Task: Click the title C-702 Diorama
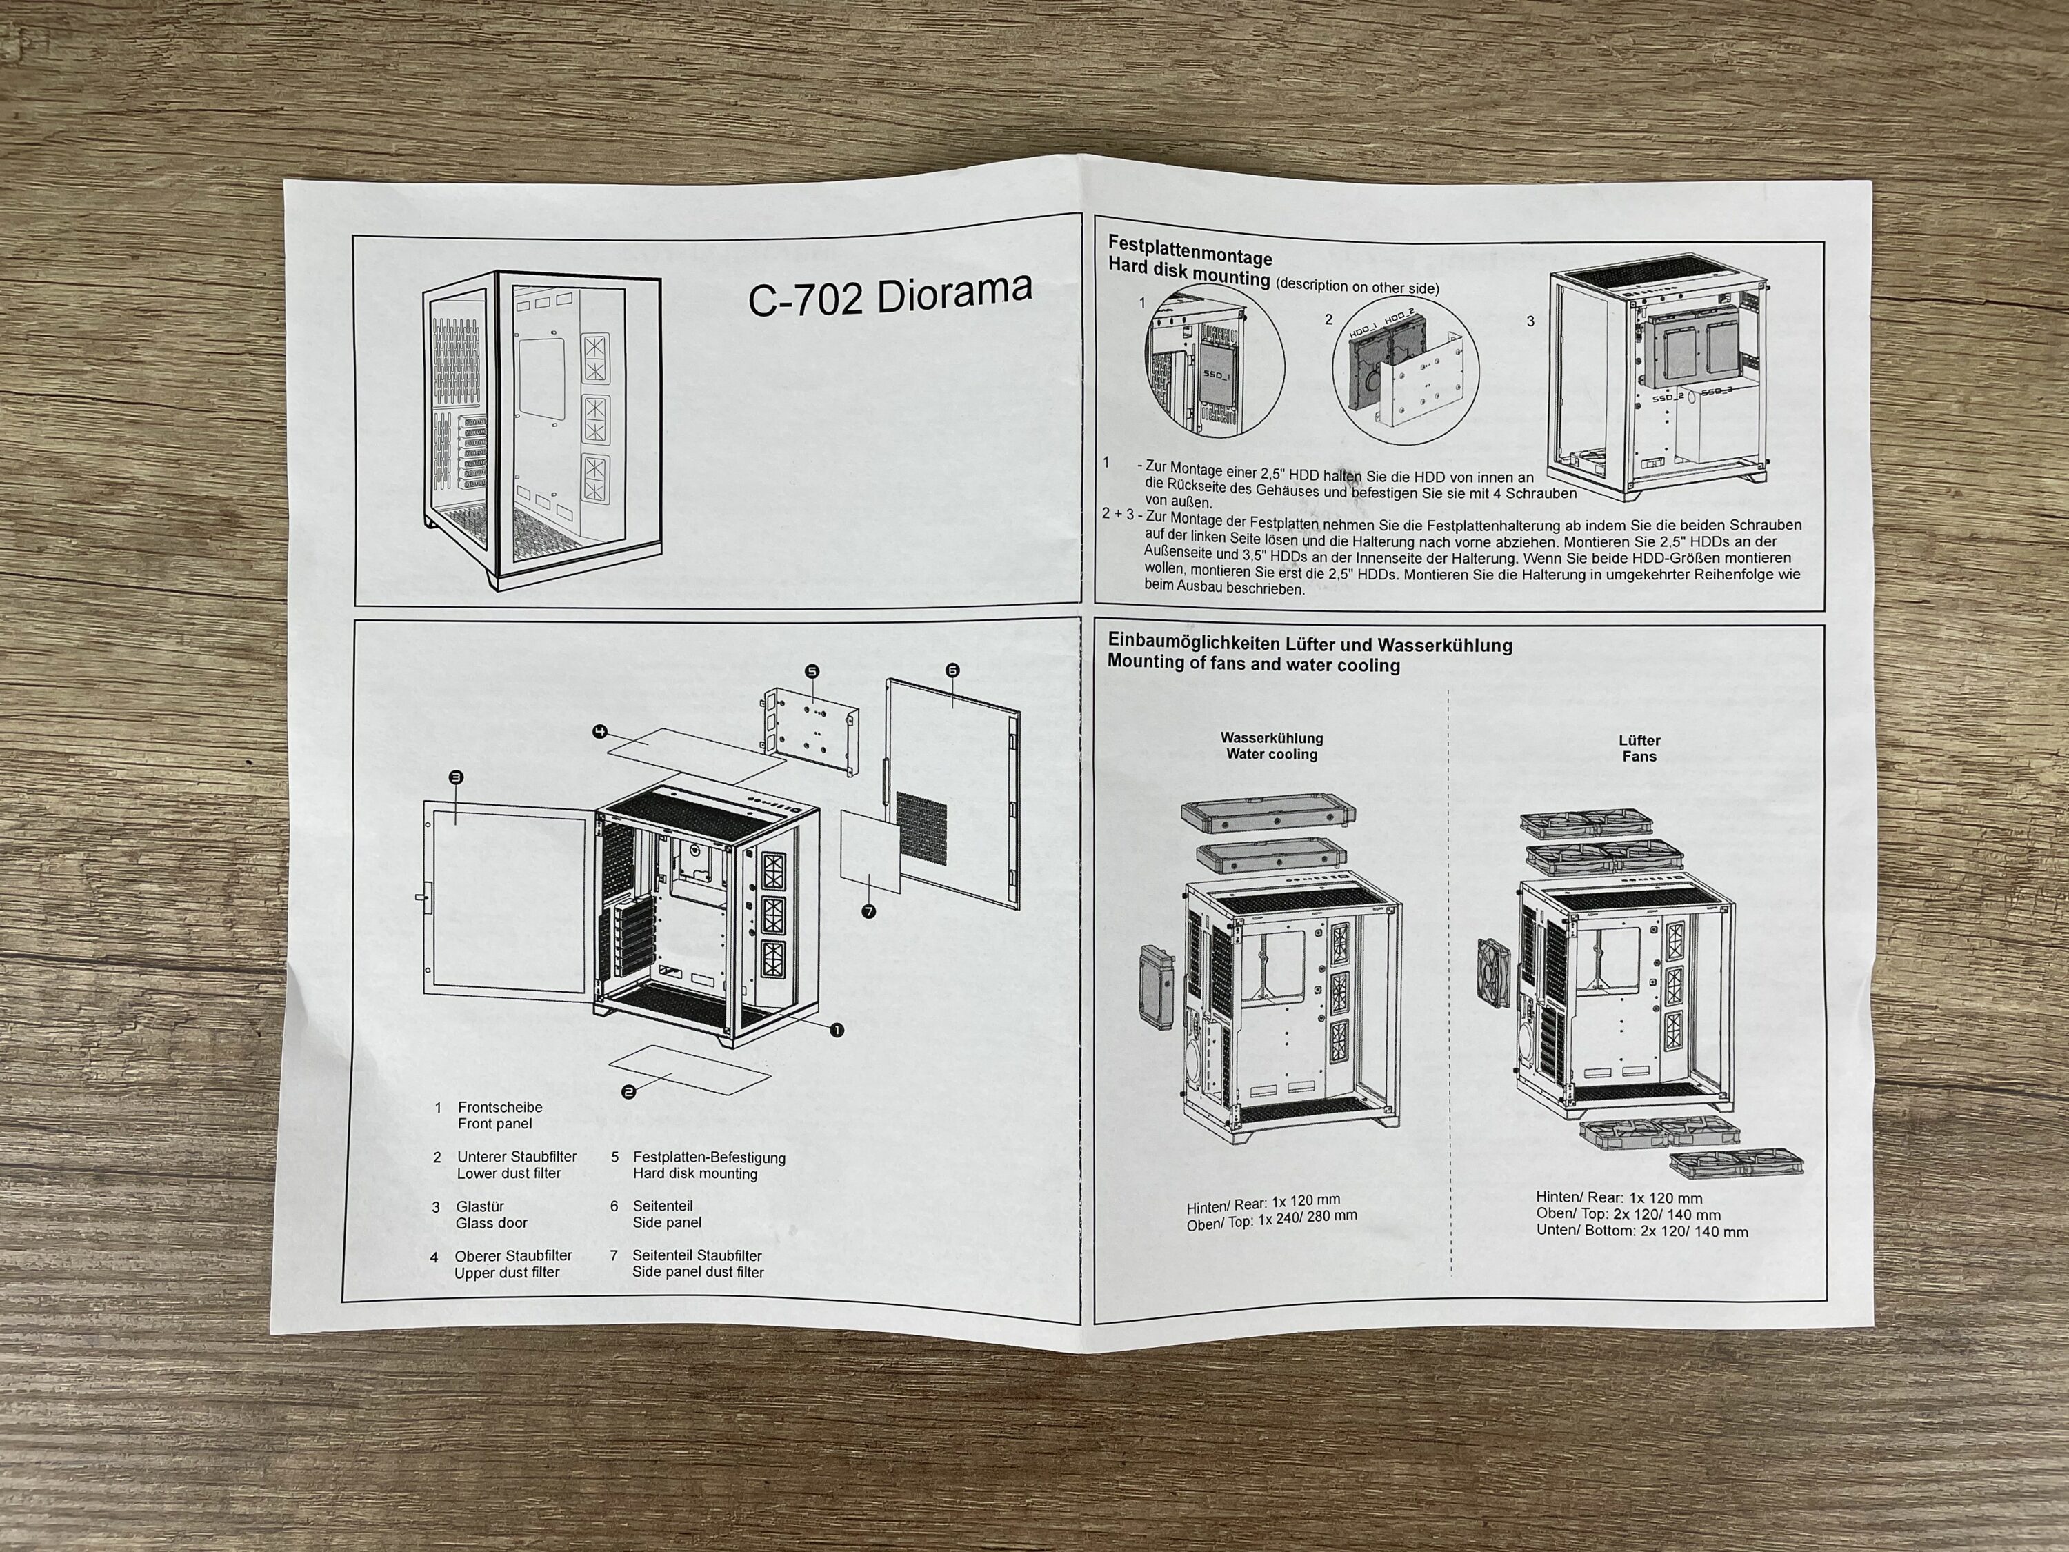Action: pyautogui.click(x=890, y=295)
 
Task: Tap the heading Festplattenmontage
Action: pyautogui.click(x=1190, y=250)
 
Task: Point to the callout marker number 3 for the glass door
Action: pyautogui.click(x=457, y=777)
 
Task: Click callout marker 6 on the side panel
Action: pyautogui.click(x=952, y=670)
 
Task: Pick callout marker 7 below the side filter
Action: pyautogui.click(x=869, y=911)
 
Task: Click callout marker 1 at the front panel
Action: pyautogui.click(x=837, y=1030)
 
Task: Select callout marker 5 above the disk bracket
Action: pyautogui.click(x=812, y=670)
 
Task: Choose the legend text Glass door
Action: pyautogui.click(x=491, y=1223)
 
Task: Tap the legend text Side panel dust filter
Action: pyautogui.click(x=698, y=1272)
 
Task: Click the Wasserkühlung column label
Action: pyautogui.click(x=1272, y=738)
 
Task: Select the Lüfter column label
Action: pyautogui.click(x=1639, y=740)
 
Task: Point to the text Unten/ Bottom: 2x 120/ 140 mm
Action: pyautogui.click(x=1641, y=1231)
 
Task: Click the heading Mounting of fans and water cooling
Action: pyautogui.click(x=1253, y=664)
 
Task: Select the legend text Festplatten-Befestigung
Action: pyautogui.click(x=709, y=1157)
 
